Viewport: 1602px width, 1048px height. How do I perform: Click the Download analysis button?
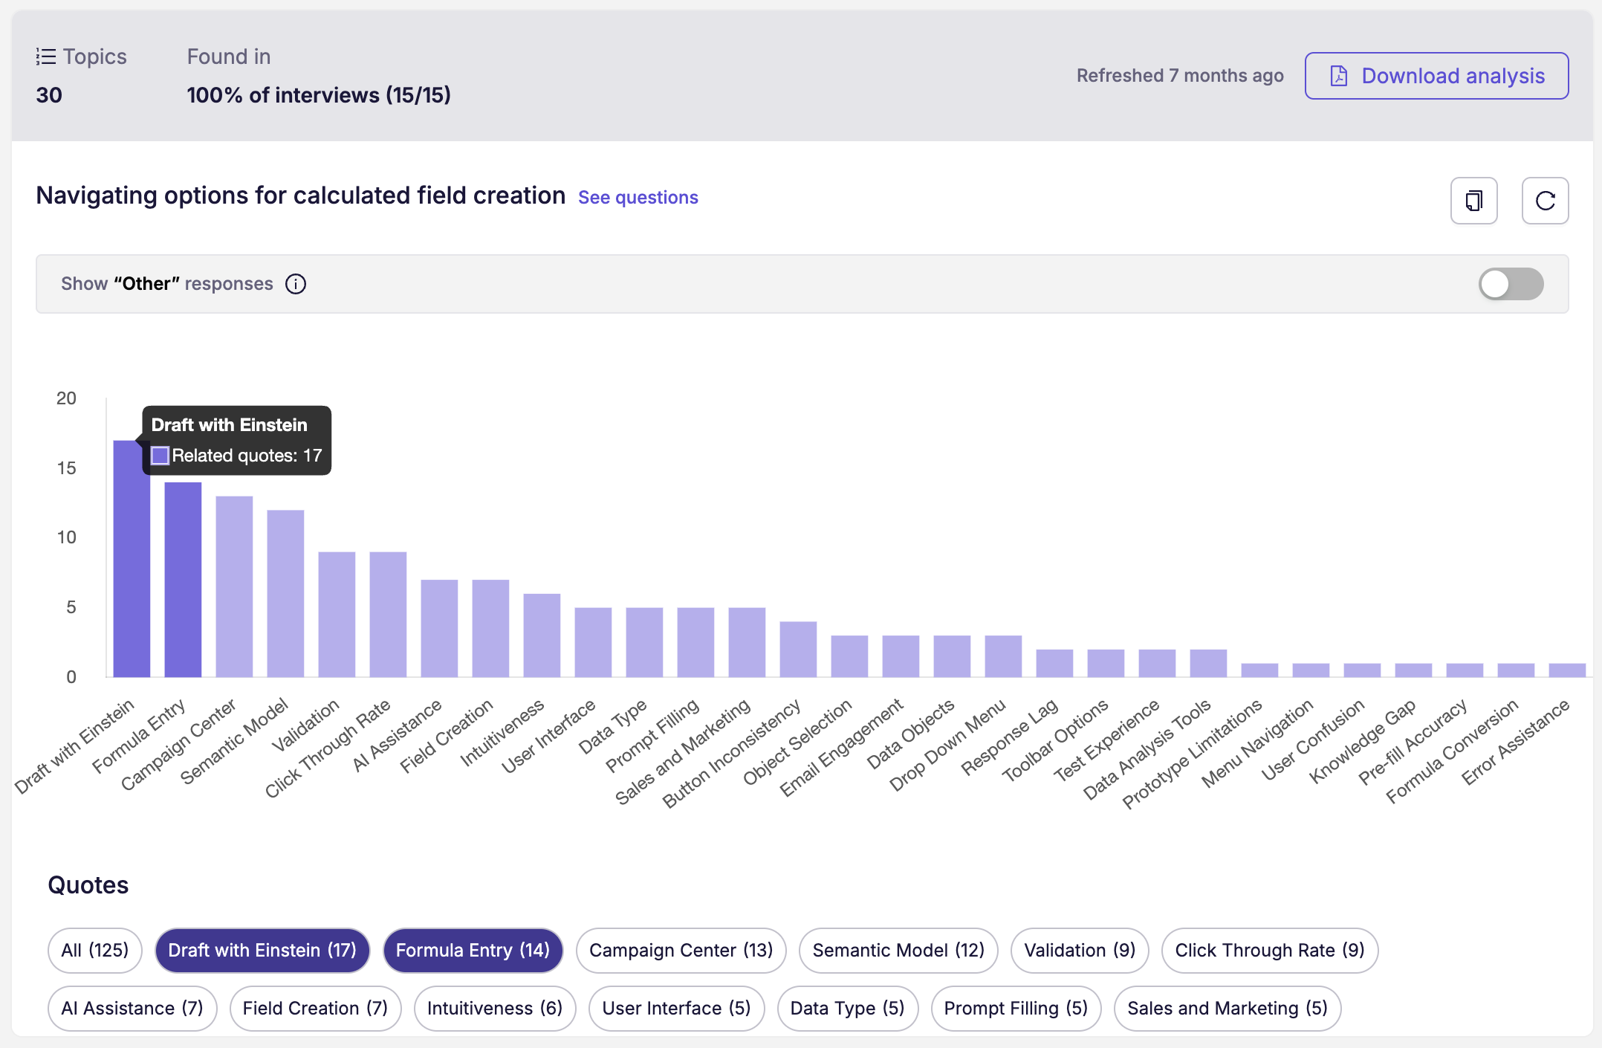click(1436, 76)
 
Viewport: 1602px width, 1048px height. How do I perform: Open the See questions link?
click(638, 198)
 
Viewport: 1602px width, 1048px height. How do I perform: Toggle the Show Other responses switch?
click(1511, 284)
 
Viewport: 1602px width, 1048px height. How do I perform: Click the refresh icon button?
click(1545, 201)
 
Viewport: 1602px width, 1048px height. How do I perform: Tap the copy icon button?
click(1474, 201)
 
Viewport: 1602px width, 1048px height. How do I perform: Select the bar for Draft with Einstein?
click(132, 559)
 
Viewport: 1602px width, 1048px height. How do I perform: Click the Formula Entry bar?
click(183, 580)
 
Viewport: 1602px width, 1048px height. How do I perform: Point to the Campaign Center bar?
click(234, 586)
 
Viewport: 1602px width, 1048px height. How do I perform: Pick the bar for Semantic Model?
click(285, 594)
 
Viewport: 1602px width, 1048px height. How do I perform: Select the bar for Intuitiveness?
click(542, 635)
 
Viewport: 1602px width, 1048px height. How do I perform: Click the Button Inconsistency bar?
click(798, 650)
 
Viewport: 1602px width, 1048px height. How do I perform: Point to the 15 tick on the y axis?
click(67, 468)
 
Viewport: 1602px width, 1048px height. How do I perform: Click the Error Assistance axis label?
click(1516, 742)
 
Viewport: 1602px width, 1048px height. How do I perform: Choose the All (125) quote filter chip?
click(95, 951)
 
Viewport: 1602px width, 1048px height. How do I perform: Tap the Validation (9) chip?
click(1080, 951)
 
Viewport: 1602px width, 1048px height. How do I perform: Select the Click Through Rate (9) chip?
click(1270, 951)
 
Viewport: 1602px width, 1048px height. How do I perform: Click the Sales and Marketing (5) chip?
click(1228, 1009)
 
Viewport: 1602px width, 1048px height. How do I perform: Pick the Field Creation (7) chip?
click(315, 1009)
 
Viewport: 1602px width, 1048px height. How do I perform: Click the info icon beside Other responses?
click(296, 284)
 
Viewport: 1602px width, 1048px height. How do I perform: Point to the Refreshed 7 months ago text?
click(1180, 76)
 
